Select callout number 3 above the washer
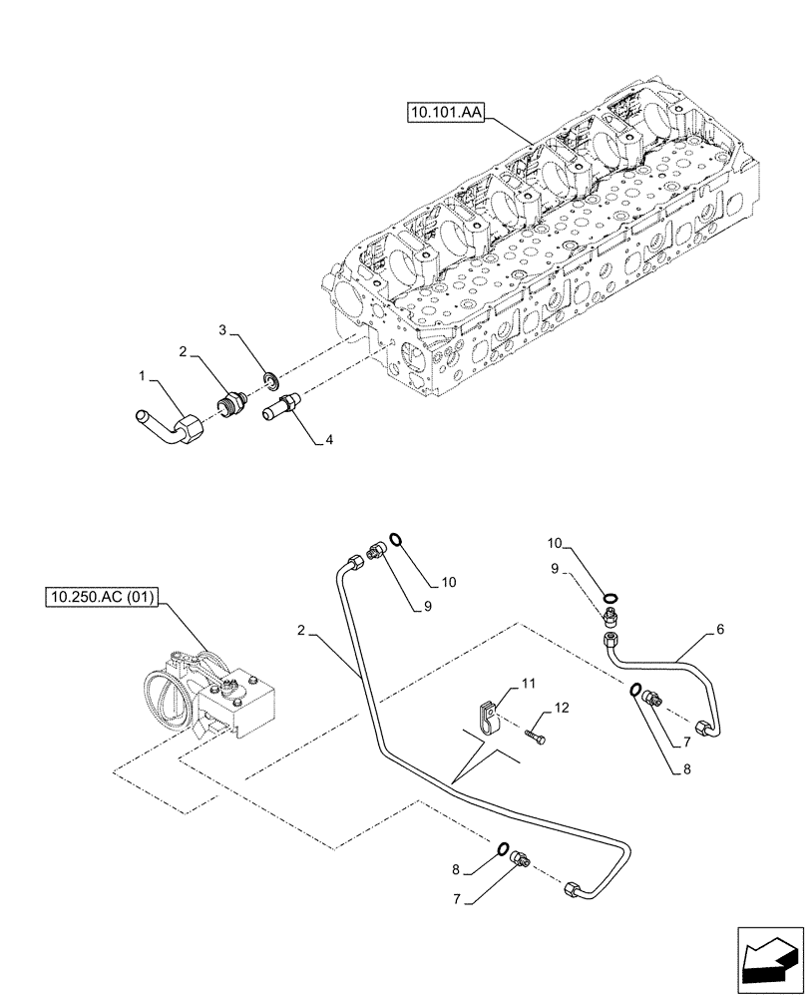click(x=224, y=328)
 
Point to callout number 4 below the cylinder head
click(x=330, y=438)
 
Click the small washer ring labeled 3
click(x=268, y=380)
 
